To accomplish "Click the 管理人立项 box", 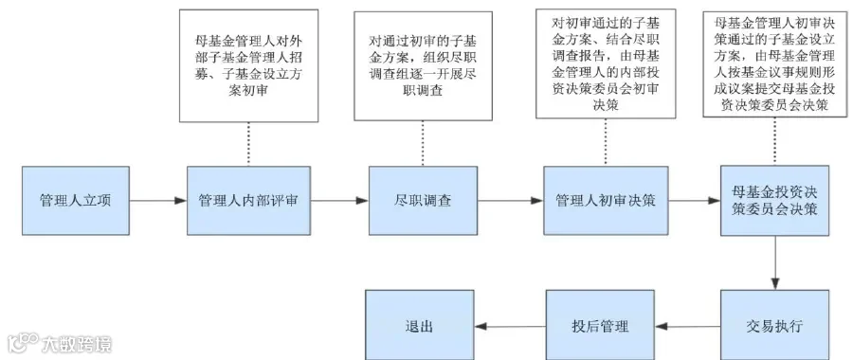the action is point(76,201).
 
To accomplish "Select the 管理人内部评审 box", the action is point(248,201).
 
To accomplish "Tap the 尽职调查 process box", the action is point(424,201).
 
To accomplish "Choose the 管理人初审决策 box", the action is point(606,201).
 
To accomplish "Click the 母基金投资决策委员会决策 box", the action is point(774,201).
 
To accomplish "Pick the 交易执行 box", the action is point(774,325).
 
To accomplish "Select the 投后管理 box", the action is point(600,325).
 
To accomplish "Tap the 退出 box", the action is point(420,325).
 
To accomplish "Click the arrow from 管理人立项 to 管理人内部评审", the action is point(158,201).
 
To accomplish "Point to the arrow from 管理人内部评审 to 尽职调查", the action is point(340,201).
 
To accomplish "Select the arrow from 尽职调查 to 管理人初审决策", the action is point(511,201).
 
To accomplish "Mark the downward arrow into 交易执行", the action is point(775,262).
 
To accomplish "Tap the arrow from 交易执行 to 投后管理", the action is point(688,327).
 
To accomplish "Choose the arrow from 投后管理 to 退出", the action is point(510,327).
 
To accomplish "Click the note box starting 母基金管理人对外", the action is point(248,65).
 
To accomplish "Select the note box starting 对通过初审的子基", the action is point(424,65).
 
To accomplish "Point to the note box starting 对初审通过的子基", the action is point(606,63).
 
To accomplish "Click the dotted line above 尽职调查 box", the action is point(423,143).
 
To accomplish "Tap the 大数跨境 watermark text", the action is point(77,344).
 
